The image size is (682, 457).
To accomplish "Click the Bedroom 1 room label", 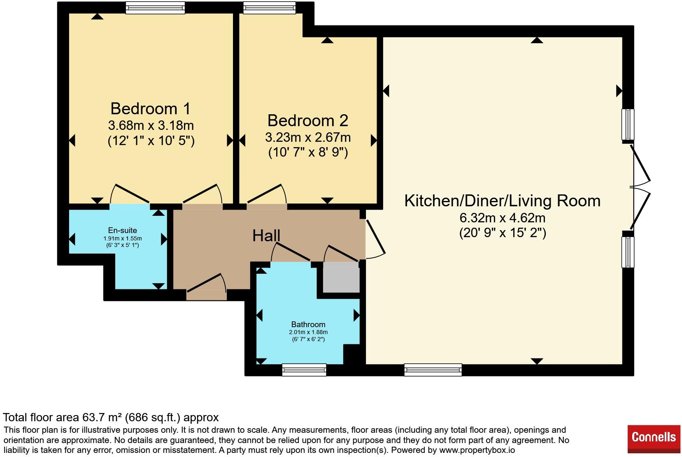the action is (150, 108).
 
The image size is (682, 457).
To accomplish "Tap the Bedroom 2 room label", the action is (308, 120).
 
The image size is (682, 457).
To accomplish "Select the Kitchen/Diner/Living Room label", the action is (503, 201).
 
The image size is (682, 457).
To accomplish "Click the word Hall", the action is (266, 235).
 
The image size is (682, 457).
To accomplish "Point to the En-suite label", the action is (122, 231).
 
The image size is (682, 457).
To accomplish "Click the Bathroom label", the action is (308, 324).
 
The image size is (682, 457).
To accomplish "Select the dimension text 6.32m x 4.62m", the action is (503, 218).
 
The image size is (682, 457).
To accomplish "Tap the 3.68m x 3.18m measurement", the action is (151, 125).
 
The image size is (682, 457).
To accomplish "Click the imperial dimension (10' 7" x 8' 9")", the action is (308, 152).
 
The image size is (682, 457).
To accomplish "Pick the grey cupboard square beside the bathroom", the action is (341, 277).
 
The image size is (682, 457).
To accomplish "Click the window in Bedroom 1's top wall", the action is (155, 7).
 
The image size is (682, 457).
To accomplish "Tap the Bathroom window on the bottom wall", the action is (304, 370).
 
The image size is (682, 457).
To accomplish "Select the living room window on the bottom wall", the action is (433, 370).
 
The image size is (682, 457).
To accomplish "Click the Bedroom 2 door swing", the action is (267, 194).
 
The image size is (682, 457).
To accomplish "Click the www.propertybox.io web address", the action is (477, 450).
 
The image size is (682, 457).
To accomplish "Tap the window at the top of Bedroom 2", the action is (270, 7).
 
